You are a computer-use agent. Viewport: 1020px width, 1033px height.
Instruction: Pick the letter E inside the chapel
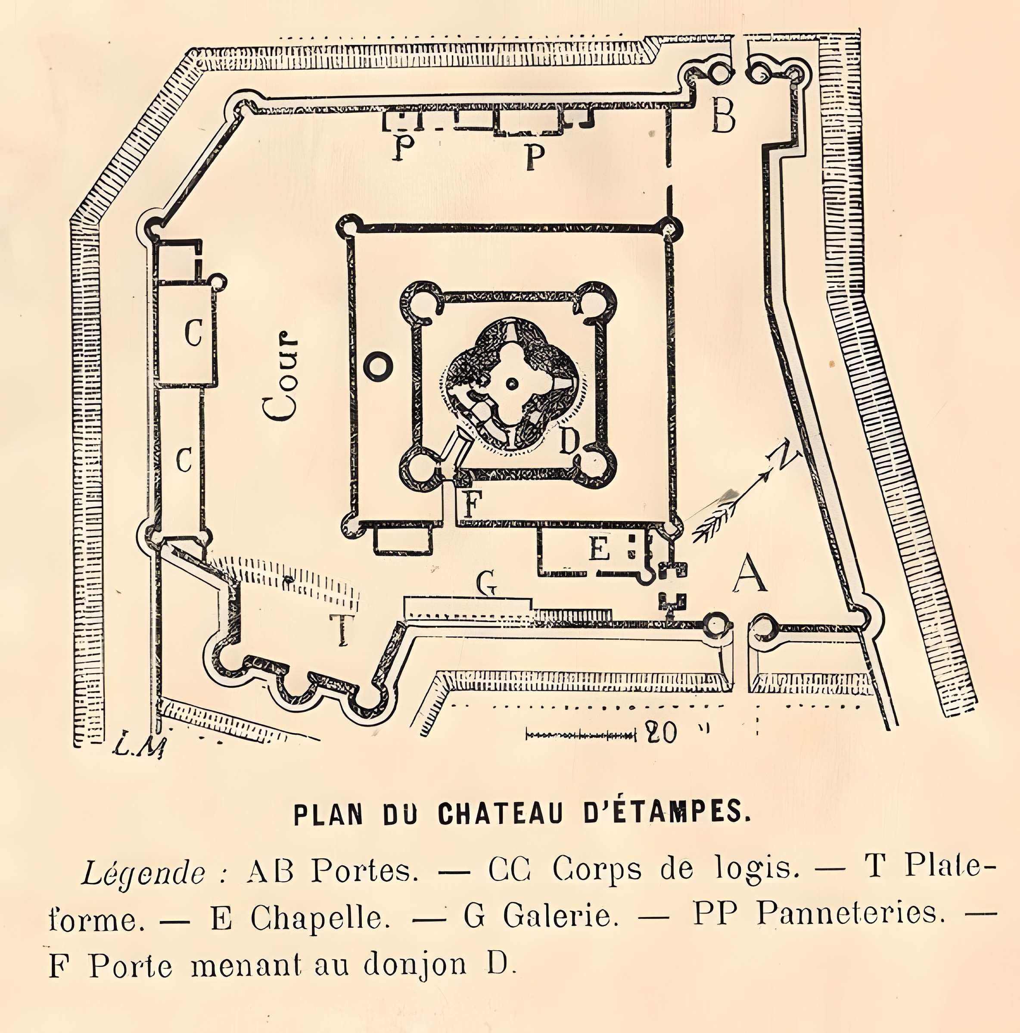click(x=600, y=549)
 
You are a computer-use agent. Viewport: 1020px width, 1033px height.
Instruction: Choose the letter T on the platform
click(x=340, y=629)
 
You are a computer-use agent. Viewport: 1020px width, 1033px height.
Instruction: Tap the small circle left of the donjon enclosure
click(x=378, y=366)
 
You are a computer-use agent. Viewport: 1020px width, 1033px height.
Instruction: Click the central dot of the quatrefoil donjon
click(x=513, y=382)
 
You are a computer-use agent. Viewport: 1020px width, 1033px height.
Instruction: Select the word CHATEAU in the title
click(x=501, y=814)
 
